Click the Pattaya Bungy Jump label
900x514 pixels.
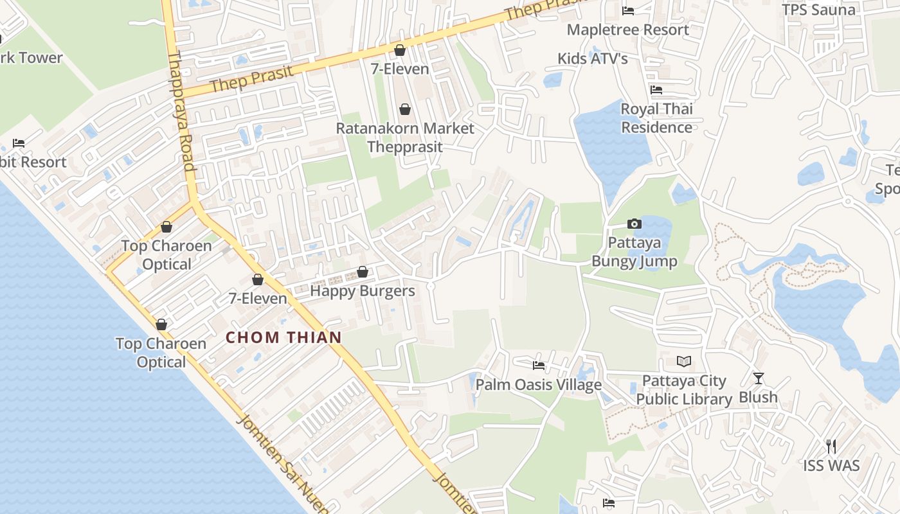point(634,252)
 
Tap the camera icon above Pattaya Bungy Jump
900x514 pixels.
point(634,224)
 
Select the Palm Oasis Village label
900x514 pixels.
point(539,384)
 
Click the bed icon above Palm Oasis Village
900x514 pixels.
point(539,366)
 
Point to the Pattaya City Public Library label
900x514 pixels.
point(684,390)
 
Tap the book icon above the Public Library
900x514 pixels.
point(683,362)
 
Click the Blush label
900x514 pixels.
point(758,397)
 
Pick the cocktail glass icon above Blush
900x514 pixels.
point(759,378)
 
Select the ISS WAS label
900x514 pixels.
point(831,465)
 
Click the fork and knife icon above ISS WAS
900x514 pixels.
point(831,446)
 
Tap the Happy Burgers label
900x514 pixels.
point(363,290)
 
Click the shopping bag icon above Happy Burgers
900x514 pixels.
point(363,272)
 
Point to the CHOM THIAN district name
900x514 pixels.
point(283,337)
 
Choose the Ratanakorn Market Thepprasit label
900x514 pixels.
point(405,137)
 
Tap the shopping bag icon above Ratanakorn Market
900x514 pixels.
point(405,109)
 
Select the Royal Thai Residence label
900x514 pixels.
point(656,118)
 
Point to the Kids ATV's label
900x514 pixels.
point(592,58)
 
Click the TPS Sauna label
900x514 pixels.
point(818,10)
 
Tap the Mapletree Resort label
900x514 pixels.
point(627,30)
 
